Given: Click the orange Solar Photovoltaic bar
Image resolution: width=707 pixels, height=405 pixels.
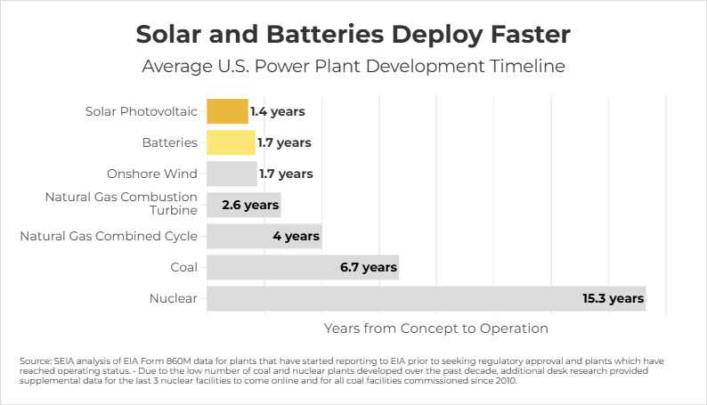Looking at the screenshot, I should [227, 111].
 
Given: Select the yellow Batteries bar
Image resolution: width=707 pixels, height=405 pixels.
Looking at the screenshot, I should [231, 142].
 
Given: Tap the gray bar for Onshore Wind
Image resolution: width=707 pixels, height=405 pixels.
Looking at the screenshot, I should [232, 174].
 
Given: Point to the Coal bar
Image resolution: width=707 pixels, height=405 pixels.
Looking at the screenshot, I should [303, 267].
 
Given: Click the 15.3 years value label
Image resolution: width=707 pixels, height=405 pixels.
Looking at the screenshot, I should [613, 298].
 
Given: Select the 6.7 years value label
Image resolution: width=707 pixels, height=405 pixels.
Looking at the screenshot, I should [367, 267].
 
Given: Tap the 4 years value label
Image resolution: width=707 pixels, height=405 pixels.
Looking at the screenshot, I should [296, 236].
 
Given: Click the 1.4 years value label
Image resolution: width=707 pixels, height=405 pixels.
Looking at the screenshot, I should [277, 111].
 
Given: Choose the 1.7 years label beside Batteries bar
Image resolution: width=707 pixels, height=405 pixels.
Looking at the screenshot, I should [284, 142].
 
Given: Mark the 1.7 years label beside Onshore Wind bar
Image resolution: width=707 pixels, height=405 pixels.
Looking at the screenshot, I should [286, 174].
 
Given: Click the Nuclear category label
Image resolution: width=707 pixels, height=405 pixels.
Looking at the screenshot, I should [174, 298].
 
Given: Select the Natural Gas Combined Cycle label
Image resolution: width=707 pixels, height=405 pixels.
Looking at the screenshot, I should [109, 236].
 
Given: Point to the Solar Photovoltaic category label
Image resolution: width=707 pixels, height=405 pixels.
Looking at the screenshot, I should [142, 111].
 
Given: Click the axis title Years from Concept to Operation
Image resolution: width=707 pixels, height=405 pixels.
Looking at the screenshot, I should [436, 328].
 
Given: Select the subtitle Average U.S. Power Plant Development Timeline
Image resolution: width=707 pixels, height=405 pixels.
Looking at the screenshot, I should [353, 67].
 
